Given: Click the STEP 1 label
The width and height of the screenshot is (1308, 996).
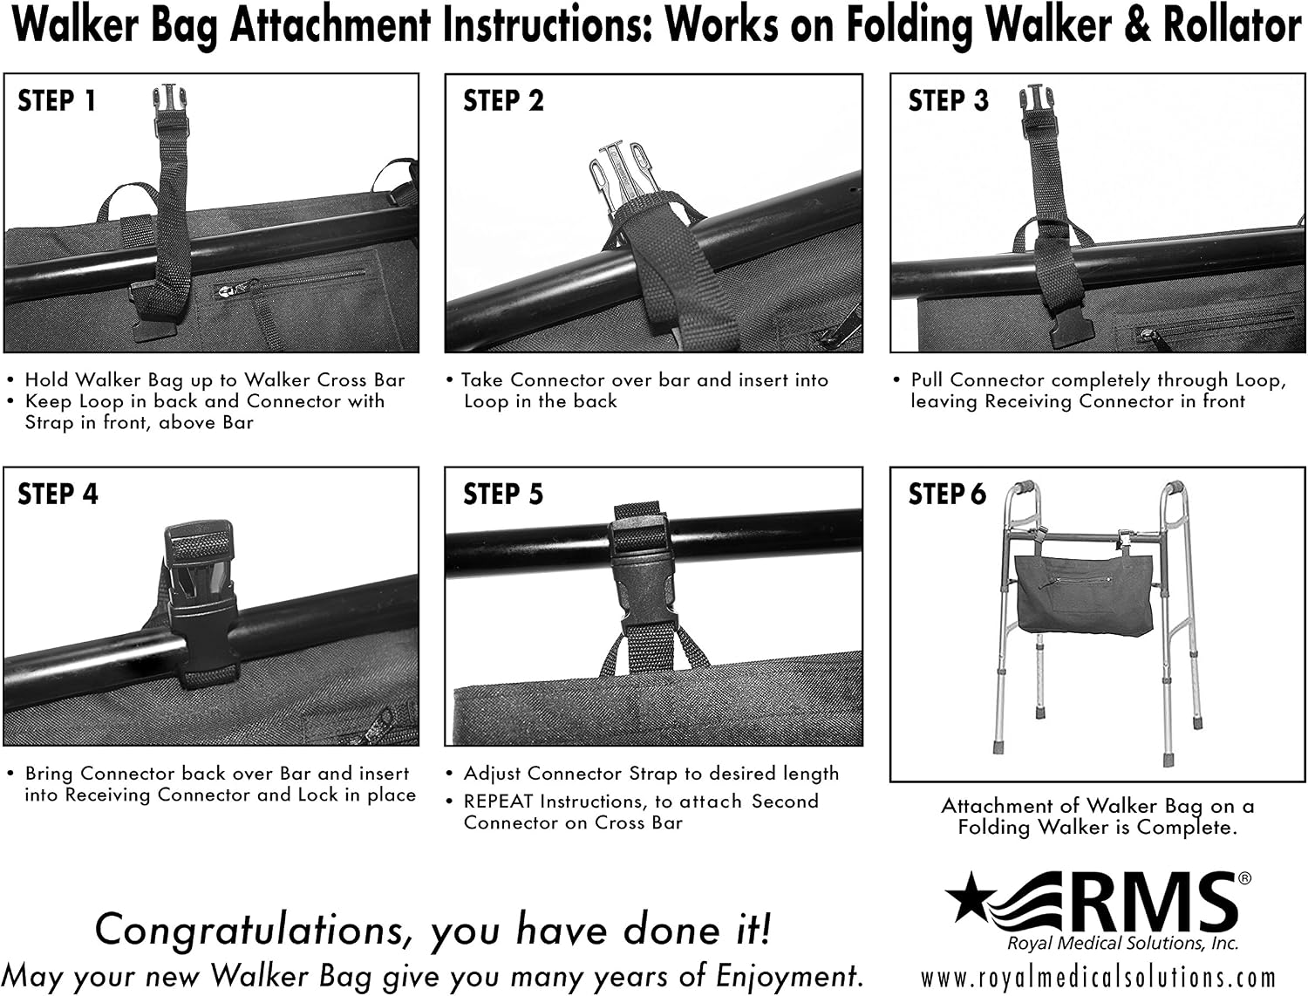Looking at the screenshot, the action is coord(57,100).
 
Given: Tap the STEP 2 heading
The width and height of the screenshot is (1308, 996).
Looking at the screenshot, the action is coord(503,100).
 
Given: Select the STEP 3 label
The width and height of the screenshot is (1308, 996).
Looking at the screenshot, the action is coord(948,100).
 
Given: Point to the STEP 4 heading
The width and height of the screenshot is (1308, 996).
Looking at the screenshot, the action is coord(58,495).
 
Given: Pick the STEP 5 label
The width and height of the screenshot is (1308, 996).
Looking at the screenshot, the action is coord(503,495).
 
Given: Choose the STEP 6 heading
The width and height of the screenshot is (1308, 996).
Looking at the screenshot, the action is coord(948,495).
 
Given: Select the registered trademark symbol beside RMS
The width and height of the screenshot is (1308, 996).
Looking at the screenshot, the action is coord(1245,877).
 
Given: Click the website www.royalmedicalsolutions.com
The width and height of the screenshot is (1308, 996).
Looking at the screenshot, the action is coord(1098,978).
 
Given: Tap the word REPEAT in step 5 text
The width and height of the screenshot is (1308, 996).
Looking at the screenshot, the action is coord(498,802).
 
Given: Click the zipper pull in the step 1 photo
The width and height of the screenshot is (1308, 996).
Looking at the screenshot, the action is coord(227,291).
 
